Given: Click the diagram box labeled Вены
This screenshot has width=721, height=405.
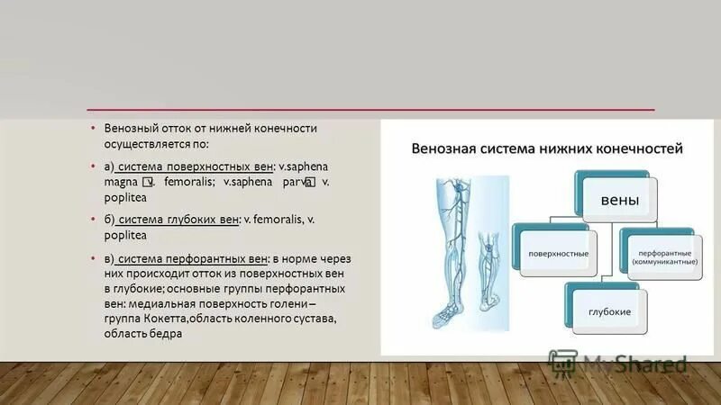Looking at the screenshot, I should (x=613, y=201).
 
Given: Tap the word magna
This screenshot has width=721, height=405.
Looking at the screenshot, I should (x=121, y=182).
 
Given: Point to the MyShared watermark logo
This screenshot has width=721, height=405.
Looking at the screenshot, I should (x=622, y=364).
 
